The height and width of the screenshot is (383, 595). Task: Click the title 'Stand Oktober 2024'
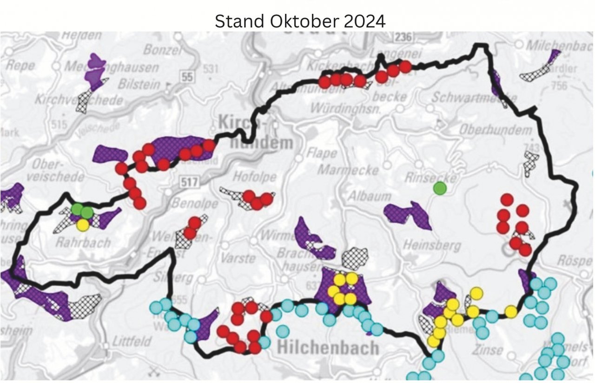click(x=300, y=21)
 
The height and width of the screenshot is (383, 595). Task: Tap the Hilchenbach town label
click(x=328, y=348)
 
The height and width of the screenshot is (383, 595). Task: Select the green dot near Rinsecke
click(x=439, y=188)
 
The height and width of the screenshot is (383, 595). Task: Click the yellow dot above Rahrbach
click(x=83, y=225)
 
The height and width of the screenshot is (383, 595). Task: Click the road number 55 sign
click(x=187, y=77)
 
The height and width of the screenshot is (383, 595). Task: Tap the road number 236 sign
click(x=403, y=37)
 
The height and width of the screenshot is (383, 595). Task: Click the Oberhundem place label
click(x=496, y=130)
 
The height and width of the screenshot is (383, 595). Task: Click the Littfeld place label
click(x=132, y=342)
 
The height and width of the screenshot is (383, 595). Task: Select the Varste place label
click(x=238, y=258)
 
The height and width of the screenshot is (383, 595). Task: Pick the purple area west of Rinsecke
click(x=408, y=215)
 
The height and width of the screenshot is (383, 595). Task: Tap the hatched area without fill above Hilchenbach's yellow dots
click(x=355, y=258)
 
